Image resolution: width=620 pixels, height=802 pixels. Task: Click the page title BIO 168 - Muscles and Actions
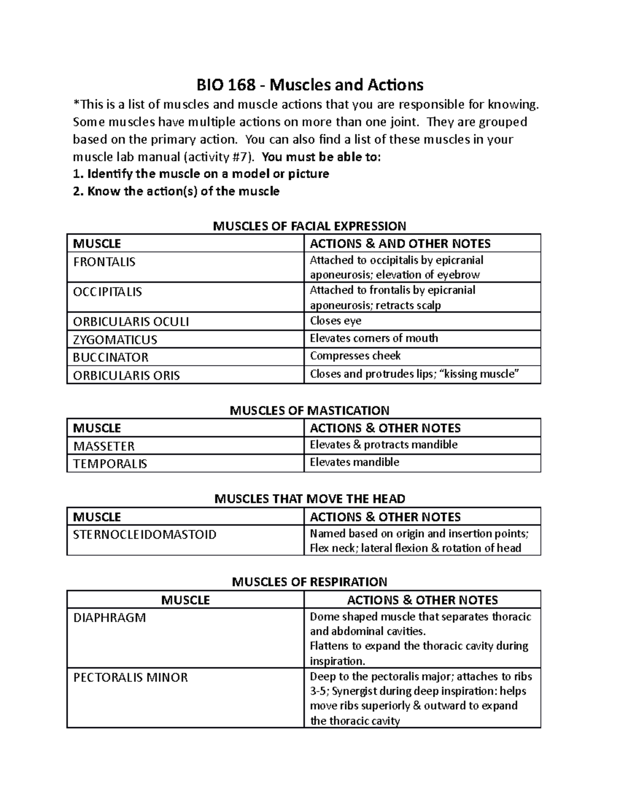(x=309, y=84)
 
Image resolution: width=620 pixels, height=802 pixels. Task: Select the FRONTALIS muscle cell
(x=104, y=262)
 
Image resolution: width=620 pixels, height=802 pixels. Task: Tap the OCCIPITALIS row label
(x=107, y=292)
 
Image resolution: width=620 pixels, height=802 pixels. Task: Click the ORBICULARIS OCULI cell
(x=131, y=322)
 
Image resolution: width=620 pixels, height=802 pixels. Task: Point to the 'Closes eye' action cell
(x=335, y=321)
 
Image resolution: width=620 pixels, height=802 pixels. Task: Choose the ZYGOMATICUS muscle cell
(x=115, y=339)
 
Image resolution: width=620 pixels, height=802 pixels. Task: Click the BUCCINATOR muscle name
(x=111, y=357)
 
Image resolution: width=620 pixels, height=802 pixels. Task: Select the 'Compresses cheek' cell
(x=355, y=356)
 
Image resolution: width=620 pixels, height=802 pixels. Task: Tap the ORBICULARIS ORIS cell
(x=127, y=375)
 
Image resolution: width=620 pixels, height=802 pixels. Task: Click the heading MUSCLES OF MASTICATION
(x=309, y=411)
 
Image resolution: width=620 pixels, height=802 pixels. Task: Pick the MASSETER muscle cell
(x=104, y=446)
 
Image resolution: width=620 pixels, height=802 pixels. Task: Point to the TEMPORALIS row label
(x=110, y=464)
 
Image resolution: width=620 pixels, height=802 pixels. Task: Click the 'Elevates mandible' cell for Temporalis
(x=354, y=462)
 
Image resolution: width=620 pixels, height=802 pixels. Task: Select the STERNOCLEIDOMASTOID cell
(x=145, y=534)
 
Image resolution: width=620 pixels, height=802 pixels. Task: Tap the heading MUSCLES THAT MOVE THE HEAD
(x=309, y=499)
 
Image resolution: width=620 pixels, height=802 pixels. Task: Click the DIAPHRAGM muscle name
(x=110, y=618)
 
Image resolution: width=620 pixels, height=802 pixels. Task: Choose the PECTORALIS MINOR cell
(x=131, y=678)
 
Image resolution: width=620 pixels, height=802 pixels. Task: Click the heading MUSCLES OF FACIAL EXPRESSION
(x=309, y=226)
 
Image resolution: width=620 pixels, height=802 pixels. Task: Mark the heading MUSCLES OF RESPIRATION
(x=309, y=582)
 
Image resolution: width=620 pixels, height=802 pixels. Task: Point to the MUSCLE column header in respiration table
(x=185, y=600)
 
